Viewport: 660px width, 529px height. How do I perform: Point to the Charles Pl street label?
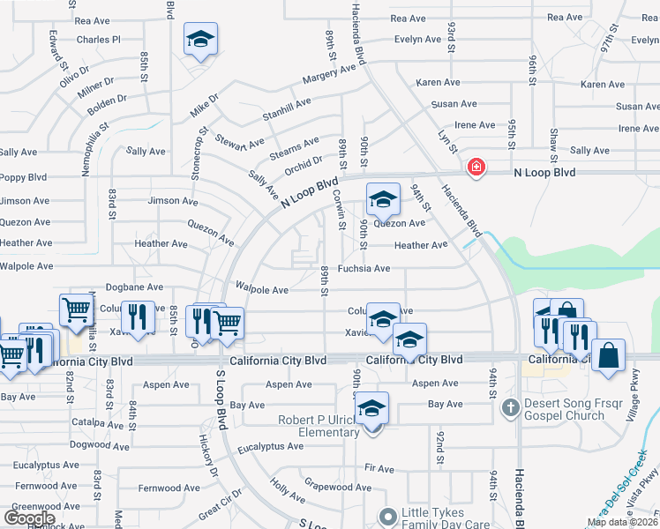tap(98, 40)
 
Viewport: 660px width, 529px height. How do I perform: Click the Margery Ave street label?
tap(329, 78)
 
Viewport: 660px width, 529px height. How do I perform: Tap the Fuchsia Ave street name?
tap(364, 269)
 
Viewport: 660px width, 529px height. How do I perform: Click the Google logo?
tap(29, 518)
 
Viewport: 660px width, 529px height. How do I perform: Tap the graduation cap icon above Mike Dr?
tap(200, 40)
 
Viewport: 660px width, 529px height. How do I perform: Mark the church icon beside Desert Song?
tap(509, 407)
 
